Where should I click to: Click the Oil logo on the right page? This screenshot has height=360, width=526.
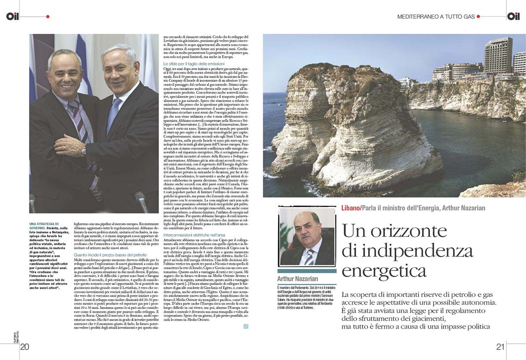pyautogui.click(x=513, y=16)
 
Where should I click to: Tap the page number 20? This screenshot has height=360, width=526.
pyautogui.click(x=25, y=347)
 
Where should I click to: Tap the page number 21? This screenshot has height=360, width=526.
pyautogui.click(x=500, y=347)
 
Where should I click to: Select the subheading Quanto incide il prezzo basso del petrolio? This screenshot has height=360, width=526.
pyautogui.click(x=110, y=255)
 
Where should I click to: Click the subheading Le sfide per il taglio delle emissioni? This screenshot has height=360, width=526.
pyautogui.click(x=193, y=65)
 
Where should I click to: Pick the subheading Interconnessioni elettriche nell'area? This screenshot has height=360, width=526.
pyautogui.click(x=194, y=236)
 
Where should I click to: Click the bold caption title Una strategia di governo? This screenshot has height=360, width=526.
pyautogui.click(x=46, y=226)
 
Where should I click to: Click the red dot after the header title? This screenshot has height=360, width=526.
pyautogui.click(x=479, y=17)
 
